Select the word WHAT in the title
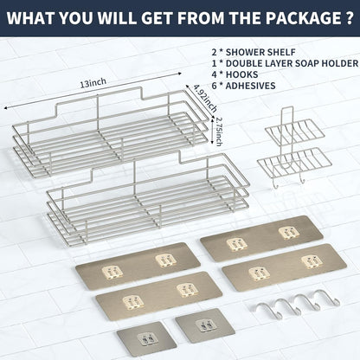click(30, 18)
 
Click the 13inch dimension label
click(93, 83)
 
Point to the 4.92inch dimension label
click(205, 98)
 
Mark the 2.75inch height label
click(219, 132)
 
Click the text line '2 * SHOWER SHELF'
click(254, 52)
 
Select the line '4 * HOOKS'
click(235, 74)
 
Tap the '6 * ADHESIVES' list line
click(243, 86)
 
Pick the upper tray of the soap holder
click(294, 132)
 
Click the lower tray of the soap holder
click(294, 162)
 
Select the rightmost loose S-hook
click(327, 297)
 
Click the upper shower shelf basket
click(111, 132)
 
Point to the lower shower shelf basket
click(148, 198)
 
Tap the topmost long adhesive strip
click(261, 238)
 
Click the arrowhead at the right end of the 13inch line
click(179, 74)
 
